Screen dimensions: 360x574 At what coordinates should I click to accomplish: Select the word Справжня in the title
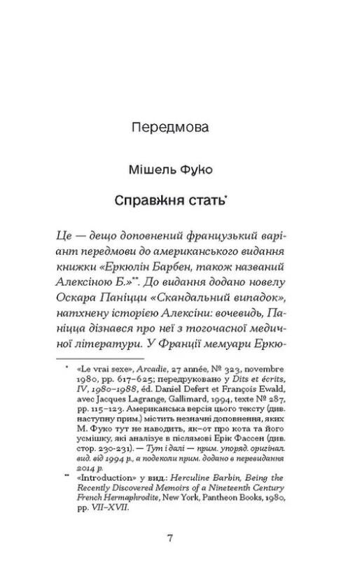pos(155,202)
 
